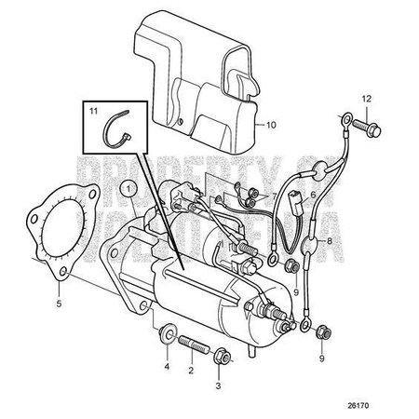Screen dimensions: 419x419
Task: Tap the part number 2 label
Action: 191,370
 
